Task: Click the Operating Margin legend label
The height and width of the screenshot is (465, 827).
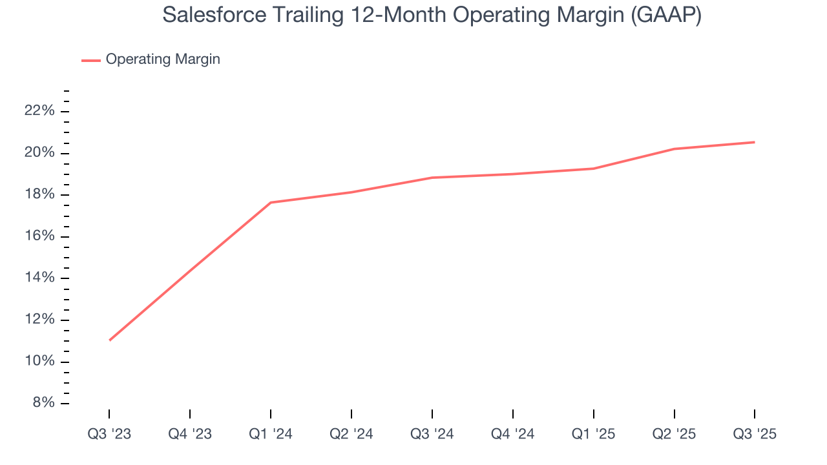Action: click(x=163, y=59)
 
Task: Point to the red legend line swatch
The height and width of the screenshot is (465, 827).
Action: click(x=90, y=60)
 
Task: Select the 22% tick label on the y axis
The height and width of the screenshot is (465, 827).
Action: click(x=39, y=111)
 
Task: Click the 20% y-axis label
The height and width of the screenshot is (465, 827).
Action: click(x=39, y=153)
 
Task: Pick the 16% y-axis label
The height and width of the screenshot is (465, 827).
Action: click(x=39, y=236)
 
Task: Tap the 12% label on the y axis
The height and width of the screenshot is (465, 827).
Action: click(x=39, y=320)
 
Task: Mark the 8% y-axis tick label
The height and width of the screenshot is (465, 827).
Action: click(x=43, y=403)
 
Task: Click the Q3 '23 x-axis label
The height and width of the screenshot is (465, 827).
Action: click(x=109, y=434)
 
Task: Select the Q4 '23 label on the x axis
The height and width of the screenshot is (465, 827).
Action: click(x=190, y=434)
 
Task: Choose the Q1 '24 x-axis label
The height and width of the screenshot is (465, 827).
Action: click(x=271, y=434)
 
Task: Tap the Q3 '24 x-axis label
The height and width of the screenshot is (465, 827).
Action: click(x=432, y=434)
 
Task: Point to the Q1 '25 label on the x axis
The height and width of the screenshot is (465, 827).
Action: click(x=593, y=434)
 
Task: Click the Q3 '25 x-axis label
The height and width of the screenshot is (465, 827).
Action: click(x=755, y=434)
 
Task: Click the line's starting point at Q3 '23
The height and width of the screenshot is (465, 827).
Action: click(x=109, y=340)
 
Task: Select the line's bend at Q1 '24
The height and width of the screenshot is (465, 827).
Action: click(x=271, y=203)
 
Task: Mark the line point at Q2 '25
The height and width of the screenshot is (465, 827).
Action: click(x=674, y=149)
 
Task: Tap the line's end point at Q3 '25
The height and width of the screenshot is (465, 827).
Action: click(x=755, y=142)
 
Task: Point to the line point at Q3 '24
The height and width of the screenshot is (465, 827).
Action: click(x=432, y=178)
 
